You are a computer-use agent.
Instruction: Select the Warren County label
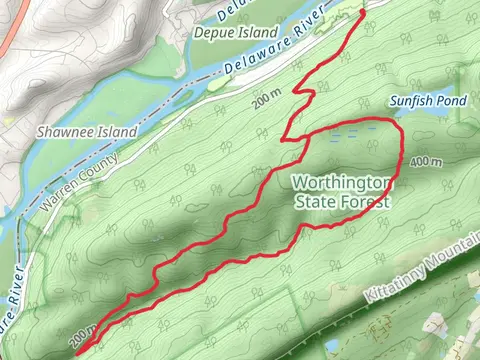[80, 180]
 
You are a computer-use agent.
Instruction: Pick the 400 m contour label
[426, 161]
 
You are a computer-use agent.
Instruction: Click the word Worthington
[343, 183]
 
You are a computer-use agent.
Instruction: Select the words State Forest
[343, 201]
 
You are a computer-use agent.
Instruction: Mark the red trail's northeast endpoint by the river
[362, 11]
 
